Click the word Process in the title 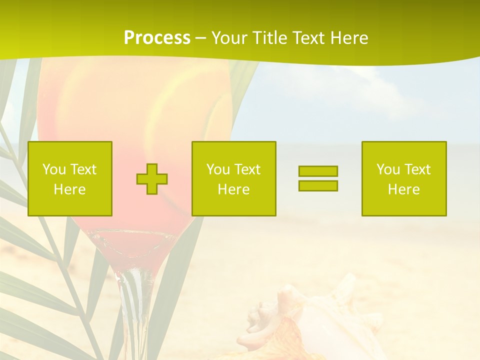[157, 38]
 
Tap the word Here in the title [348, 38]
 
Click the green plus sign [152, 178]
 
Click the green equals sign [318, 178]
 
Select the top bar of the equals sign [318, 171]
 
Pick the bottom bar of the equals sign [318, 185]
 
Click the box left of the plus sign [70, 178]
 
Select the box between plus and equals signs [234, 178]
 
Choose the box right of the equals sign [404, 178]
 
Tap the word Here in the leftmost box [70, 189]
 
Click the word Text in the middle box [247, 169]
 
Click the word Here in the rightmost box [404, 189]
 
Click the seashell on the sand [300, 320]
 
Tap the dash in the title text [200, 38]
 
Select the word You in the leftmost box [54, 169]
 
